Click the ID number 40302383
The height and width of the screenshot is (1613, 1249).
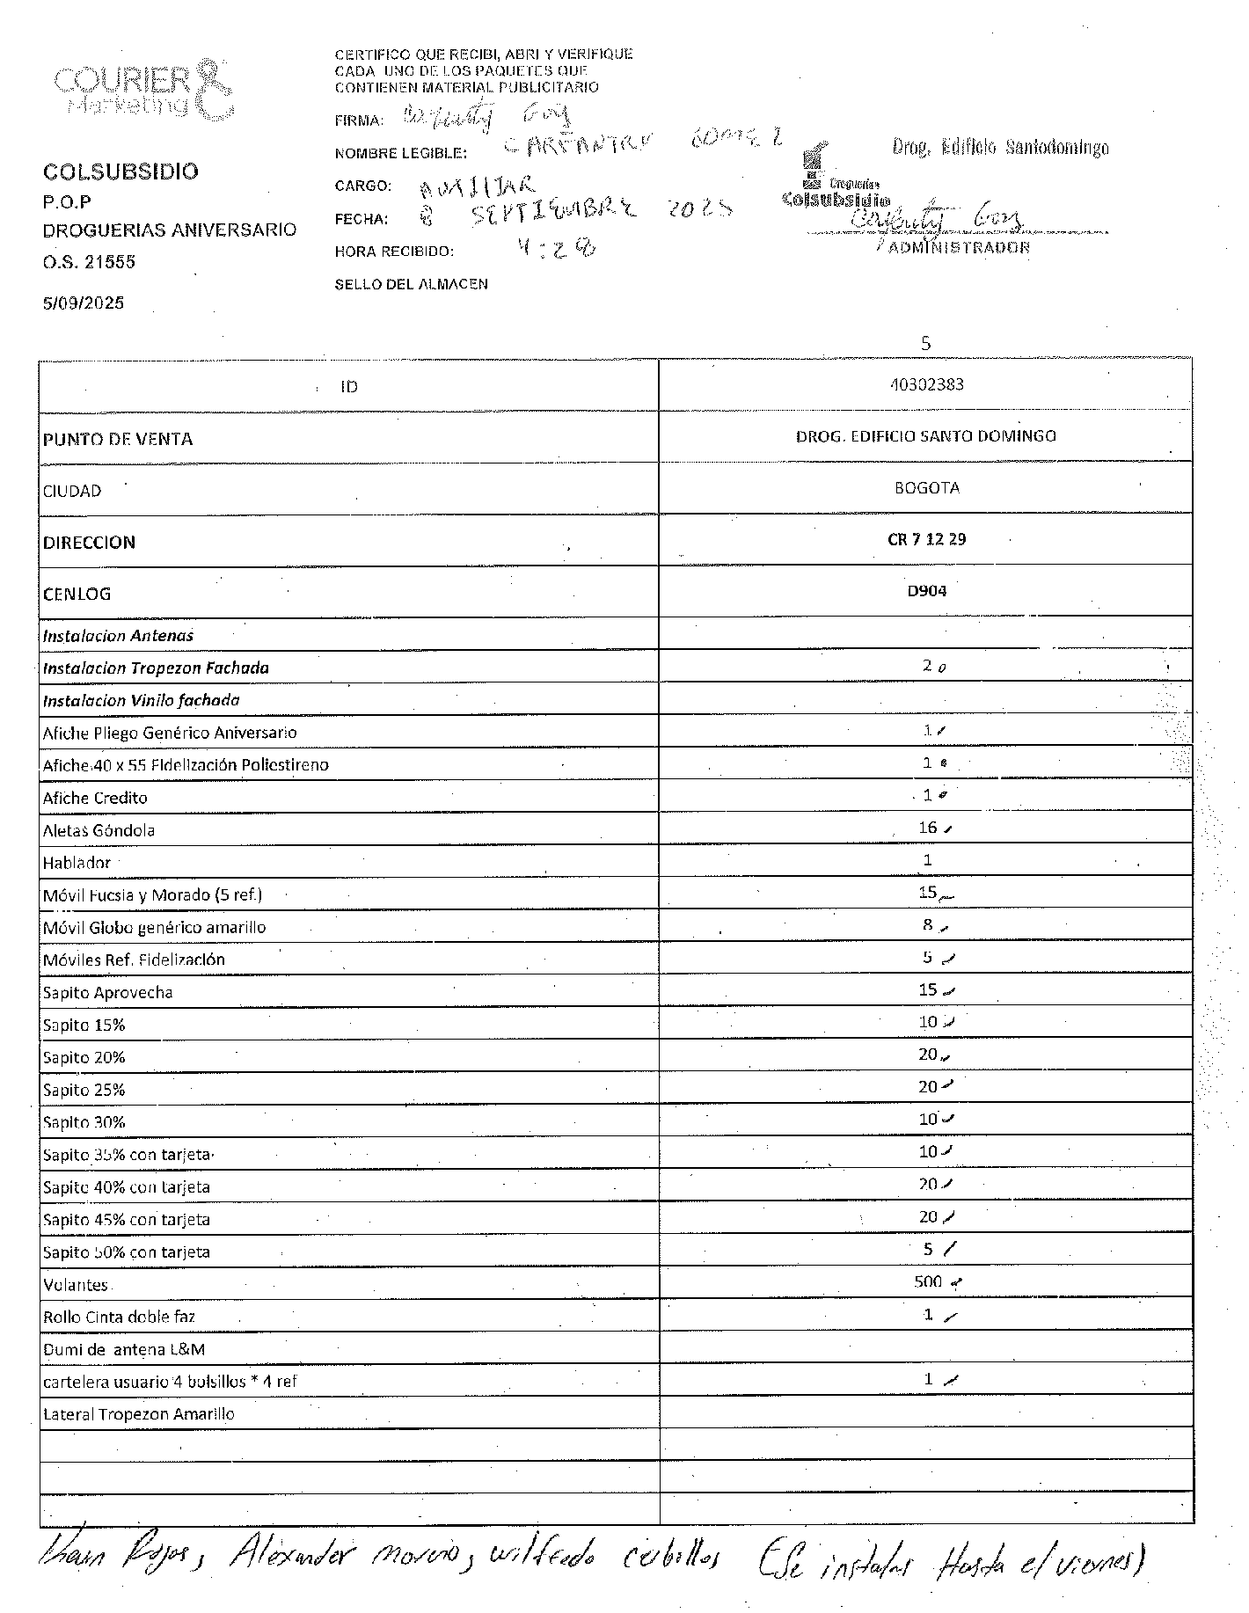(926, 384)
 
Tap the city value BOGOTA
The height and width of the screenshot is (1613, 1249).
(926, 487)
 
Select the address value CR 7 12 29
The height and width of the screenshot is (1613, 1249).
(926, 539)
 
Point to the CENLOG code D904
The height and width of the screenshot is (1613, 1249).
(926, 591)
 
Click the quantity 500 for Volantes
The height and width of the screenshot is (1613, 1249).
(928, 1281)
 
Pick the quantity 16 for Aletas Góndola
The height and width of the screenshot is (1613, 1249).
(928, 828)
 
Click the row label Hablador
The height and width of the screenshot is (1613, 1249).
(77, 863)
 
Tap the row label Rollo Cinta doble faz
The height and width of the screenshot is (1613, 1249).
(119, 1317)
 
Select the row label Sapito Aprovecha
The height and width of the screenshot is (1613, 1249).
(107, 992)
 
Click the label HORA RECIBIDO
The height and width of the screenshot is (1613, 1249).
(394, 252)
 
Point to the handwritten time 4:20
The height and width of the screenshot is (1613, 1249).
(556, 249)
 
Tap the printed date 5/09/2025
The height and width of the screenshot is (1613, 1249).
(84, 303)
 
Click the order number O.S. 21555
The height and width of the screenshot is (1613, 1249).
(89, 262)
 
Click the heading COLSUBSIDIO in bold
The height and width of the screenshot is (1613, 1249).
(121, 172)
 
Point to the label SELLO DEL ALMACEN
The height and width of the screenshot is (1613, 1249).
(411, 284)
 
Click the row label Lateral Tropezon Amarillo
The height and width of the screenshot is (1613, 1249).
(138, 1414)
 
